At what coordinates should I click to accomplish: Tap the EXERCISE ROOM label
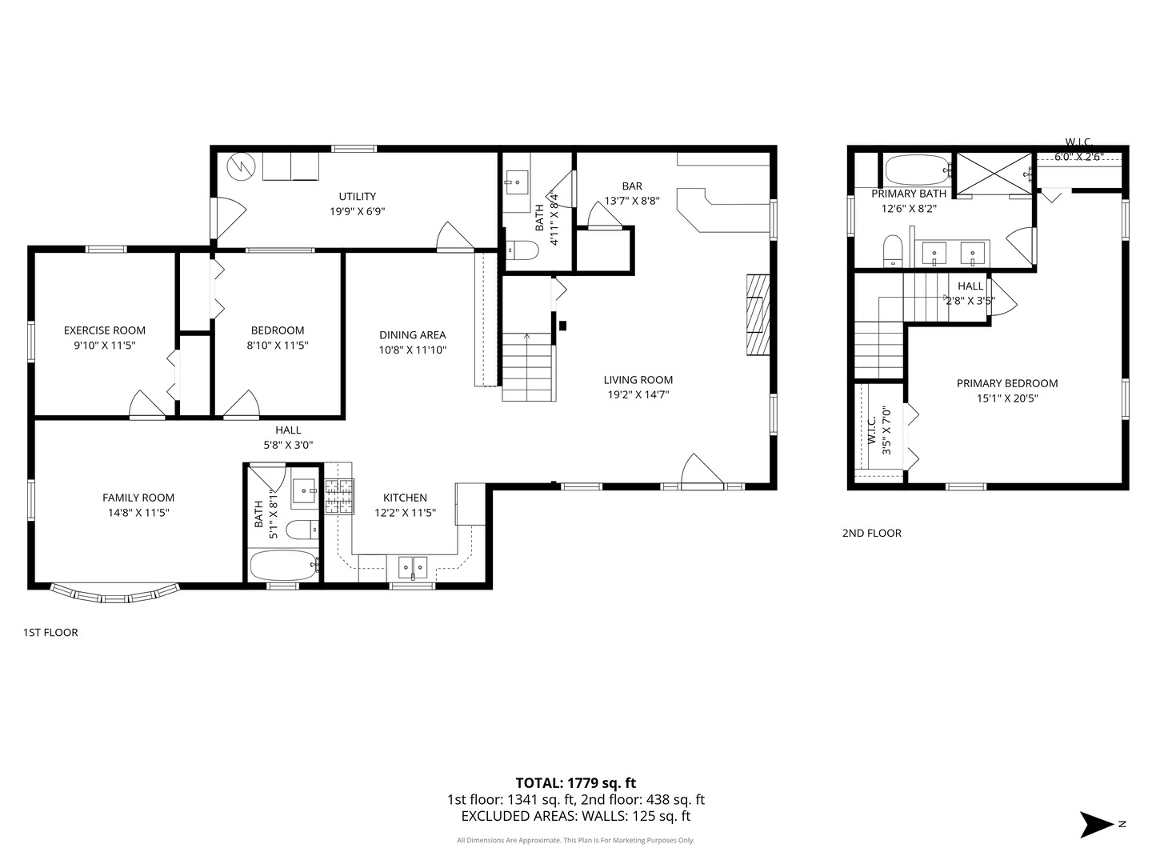tap(105, 330)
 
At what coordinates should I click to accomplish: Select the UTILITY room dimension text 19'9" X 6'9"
tap(358, 211)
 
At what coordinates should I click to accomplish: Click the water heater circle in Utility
tap(240, 167)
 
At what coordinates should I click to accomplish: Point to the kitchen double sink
tap(413, 568)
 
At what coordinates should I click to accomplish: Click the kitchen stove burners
tap(338, 497)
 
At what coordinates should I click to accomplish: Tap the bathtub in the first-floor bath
tap(284, 565)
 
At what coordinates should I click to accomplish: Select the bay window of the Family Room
tap(115, 593)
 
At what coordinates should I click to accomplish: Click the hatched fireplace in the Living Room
tap(758, 314)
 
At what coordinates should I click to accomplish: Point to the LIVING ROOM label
tap(638, 380)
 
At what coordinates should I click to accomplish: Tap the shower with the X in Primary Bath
tap(994, 173)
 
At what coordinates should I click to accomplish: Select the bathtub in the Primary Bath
tap(918, 170)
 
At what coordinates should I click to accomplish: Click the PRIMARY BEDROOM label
tap(1007, 383)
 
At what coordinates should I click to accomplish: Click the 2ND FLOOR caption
tap(872, 533)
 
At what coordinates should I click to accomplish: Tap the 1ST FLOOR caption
tap(50, 632)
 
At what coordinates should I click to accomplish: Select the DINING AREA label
tap(413, 334)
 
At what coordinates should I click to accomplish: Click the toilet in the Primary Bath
tap(892, 250)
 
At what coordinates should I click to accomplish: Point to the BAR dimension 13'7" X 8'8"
tap(632, 200)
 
